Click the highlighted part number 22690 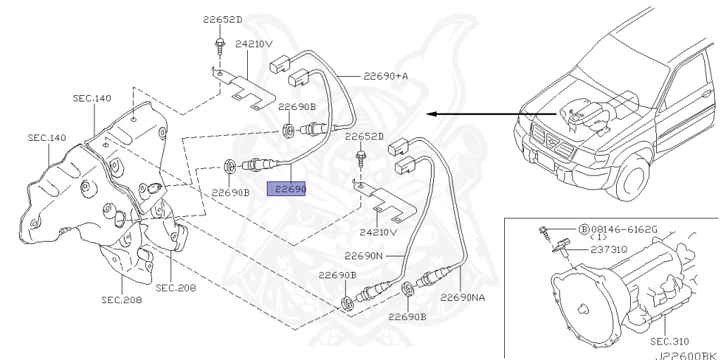coord(286,189)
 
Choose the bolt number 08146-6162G coord(624,230)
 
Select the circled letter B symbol coord(583,230)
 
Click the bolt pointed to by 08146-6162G coord(544,232)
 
